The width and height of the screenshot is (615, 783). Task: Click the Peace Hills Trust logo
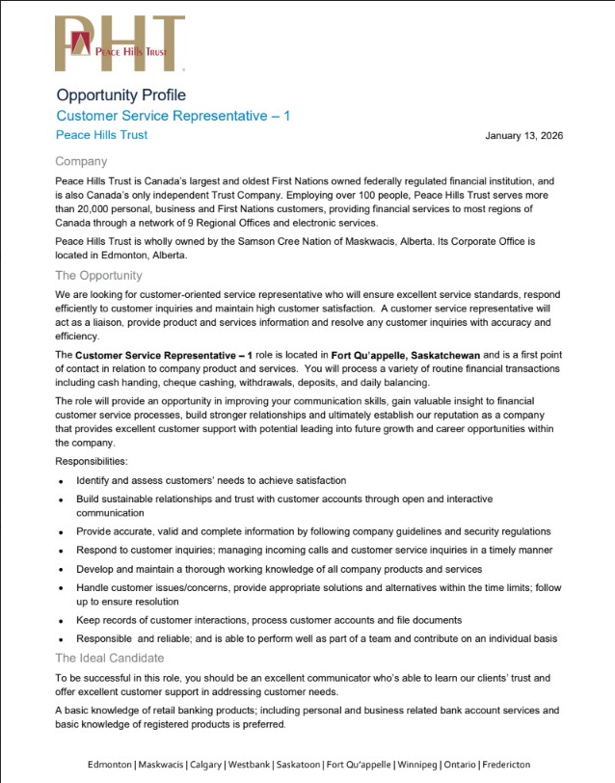pos(120,43)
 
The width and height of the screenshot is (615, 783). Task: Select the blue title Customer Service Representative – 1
pos(173,116)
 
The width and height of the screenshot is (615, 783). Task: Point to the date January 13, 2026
pos(523,136)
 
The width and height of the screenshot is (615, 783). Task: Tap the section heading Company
pos(81,161)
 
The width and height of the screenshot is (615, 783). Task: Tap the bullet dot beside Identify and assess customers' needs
pos(61,480)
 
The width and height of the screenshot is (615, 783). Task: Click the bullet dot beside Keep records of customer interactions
pos(61,620)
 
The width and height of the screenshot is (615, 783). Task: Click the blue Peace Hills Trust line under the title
pos(101,135)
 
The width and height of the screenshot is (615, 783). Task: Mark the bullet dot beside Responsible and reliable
pos(61,638)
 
